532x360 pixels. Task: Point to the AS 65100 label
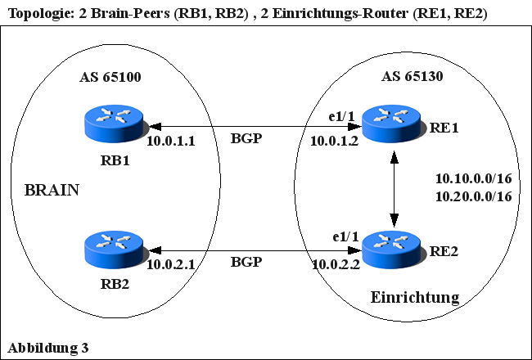110,79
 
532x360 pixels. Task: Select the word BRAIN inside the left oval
52,191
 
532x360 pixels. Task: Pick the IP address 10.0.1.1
170,142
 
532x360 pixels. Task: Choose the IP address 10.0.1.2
334,142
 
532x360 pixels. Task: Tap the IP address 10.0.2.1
170,264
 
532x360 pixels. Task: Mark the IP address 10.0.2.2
336,264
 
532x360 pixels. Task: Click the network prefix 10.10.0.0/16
473,179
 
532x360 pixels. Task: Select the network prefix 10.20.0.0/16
473,196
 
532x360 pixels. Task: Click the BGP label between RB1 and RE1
246,139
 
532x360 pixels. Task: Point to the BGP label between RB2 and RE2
246,263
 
